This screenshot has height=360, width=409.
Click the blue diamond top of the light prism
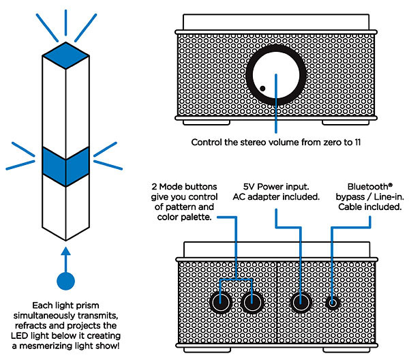[x=65, y=55]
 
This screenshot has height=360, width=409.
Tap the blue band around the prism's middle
[x=65, y=167]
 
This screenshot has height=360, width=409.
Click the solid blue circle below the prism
[x=65, y=281]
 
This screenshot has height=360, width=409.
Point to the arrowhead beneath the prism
[x=65, y=251]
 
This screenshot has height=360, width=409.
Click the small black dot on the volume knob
[x=262, y=89]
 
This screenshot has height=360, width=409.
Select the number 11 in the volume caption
[x=358, y=142]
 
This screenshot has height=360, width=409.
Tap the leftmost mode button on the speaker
[x=221, y=303]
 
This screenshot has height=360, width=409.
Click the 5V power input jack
[x=301, y=303]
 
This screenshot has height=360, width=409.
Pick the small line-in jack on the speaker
[x=333, y=303]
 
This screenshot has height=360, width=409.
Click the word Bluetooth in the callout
[x=368, y=187]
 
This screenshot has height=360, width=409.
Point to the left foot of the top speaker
[x=207, y=123]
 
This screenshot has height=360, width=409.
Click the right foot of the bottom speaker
[x=346, y=350]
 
